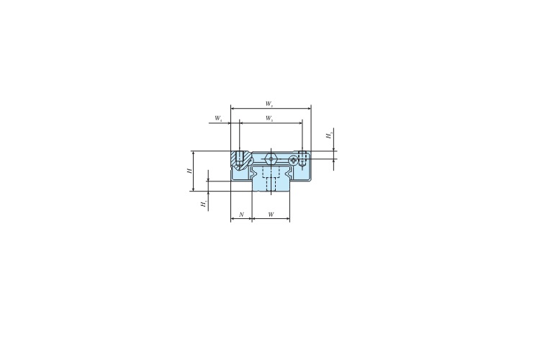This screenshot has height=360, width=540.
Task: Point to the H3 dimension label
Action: (x=328, y=135)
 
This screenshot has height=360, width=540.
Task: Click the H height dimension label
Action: (x=189, y=171)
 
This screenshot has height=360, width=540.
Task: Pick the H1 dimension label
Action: (x=204, y=204)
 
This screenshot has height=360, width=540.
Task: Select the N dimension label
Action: (x=241, y=215)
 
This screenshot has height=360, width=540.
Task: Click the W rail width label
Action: (x=270, y=215)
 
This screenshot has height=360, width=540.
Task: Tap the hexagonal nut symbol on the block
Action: (x=270, y=159)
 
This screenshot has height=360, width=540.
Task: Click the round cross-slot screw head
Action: (x=294, y=161)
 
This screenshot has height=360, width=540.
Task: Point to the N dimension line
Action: (x=241, y=220)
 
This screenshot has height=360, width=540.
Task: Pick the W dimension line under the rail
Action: (x=271, y=220)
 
